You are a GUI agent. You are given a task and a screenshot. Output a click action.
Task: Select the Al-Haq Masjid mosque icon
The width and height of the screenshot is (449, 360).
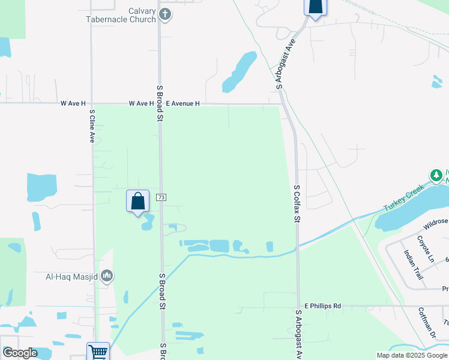107,276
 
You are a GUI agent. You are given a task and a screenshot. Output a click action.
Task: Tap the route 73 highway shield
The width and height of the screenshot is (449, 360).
160,197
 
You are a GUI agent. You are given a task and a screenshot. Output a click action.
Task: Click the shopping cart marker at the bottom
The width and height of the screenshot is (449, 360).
97,352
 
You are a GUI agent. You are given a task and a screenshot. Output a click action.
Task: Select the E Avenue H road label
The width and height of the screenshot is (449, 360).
182,104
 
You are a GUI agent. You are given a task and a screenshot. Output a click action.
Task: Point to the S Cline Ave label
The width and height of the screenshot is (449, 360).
92,125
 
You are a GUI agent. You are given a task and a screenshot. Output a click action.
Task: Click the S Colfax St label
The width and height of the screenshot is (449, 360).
297,203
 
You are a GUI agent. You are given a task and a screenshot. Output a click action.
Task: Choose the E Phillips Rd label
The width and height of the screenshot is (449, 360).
322,306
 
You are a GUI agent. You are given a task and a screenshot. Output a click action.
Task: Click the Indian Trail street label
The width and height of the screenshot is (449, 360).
414,265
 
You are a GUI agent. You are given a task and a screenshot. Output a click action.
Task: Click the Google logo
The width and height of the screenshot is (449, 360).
19,353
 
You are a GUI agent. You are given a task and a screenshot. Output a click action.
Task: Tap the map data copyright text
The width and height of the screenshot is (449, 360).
412,355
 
